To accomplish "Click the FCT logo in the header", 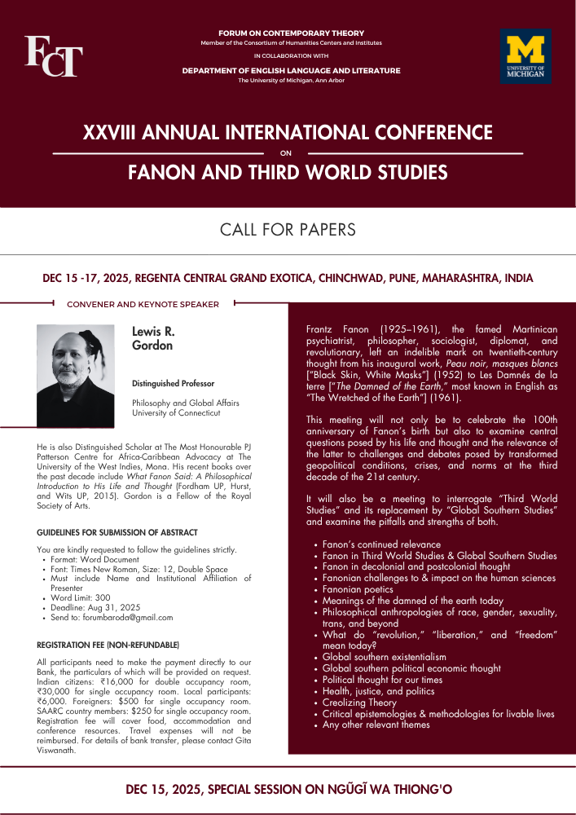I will [x=53, y=56].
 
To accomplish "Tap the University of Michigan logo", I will [x=525, y=56].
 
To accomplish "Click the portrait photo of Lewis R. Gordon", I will [x=76, y=376].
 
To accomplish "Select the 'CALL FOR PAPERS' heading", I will [x=288, y=230].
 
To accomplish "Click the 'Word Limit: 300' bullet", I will [x=80, y=597].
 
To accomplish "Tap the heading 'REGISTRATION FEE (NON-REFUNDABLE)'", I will [x=108, y=645].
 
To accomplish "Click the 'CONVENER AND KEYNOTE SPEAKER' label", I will [x=143, y=304].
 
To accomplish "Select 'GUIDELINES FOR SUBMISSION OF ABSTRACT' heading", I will [x=117, y=532].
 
